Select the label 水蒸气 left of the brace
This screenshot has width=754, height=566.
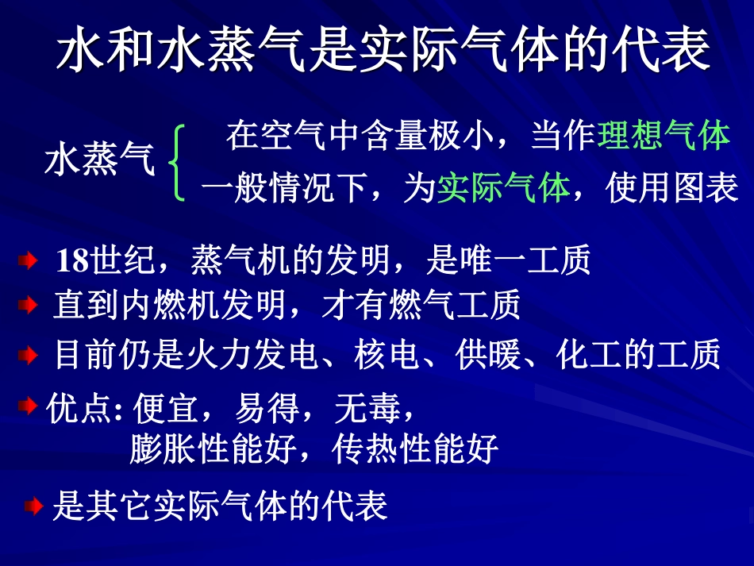point(100,161)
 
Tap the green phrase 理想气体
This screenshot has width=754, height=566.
point(664,137)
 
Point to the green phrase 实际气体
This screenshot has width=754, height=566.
point(503,189)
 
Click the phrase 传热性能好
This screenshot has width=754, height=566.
point(415,449)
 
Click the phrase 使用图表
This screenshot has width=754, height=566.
point(671,189)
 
